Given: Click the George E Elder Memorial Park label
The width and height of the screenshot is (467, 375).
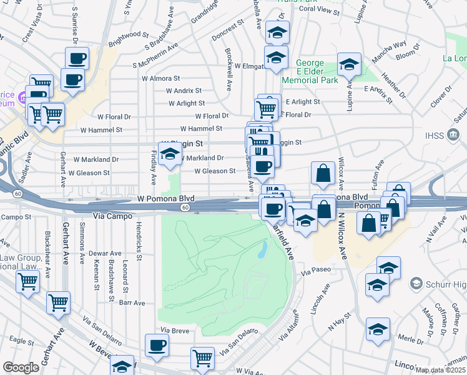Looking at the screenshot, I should pyautogui.click(x=310, y=72).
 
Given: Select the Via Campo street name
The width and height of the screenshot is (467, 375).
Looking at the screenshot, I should pyautogui.click(x=112, y=216).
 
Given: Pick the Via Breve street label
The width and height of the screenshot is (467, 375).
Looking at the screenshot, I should pyautogui.click(x=174, y=329).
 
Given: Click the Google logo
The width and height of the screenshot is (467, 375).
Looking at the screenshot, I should pyautogui.click(x=21, y=367).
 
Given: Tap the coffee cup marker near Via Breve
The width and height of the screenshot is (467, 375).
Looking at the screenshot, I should pyautogui.click(x=157, y=344).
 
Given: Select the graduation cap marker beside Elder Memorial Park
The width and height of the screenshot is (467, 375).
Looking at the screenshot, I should pyautogui.click(x=350, y=64).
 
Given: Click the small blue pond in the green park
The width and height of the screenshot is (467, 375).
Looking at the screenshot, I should pyautogui.click(x=263, y=251).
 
